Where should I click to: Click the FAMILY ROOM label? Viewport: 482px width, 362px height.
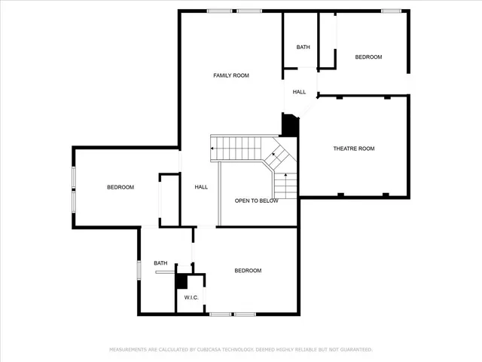coord(231,75)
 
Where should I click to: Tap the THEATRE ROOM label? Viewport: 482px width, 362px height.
coord(354,149)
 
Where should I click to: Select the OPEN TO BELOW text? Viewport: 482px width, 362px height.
coord(256,201)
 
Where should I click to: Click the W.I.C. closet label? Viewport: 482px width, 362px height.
coord(191,298)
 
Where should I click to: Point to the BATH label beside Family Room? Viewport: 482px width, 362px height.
coord(303,48)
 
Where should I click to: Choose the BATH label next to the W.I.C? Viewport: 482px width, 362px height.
coord(160,263)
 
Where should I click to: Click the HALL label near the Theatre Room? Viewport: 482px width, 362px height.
coord(299,92)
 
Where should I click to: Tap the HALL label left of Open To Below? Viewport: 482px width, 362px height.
coord(201,187)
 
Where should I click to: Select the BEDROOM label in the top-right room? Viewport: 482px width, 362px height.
coord(368,57)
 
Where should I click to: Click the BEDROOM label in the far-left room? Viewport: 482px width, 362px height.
coord(120,187)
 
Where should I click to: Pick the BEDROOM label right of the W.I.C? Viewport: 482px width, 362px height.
coord(248,271)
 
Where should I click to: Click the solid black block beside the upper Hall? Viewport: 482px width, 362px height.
coord(290,125)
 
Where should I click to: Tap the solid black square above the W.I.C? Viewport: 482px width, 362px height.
coord(181,281)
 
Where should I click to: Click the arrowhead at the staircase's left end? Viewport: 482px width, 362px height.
coord(213,148)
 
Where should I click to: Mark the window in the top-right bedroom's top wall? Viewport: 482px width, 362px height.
coord(390,11)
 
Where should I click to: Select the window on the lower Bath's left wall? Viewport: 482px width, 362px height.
coord(139,269)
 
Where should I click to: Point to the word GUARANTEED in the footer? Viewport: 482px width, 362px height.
coord(355,350)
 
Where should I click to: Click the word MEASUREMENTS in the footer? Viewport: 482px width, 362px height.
coord(129,350)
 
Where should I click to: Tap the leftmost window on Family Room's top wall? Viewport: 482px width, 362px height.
coord(219,11)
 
